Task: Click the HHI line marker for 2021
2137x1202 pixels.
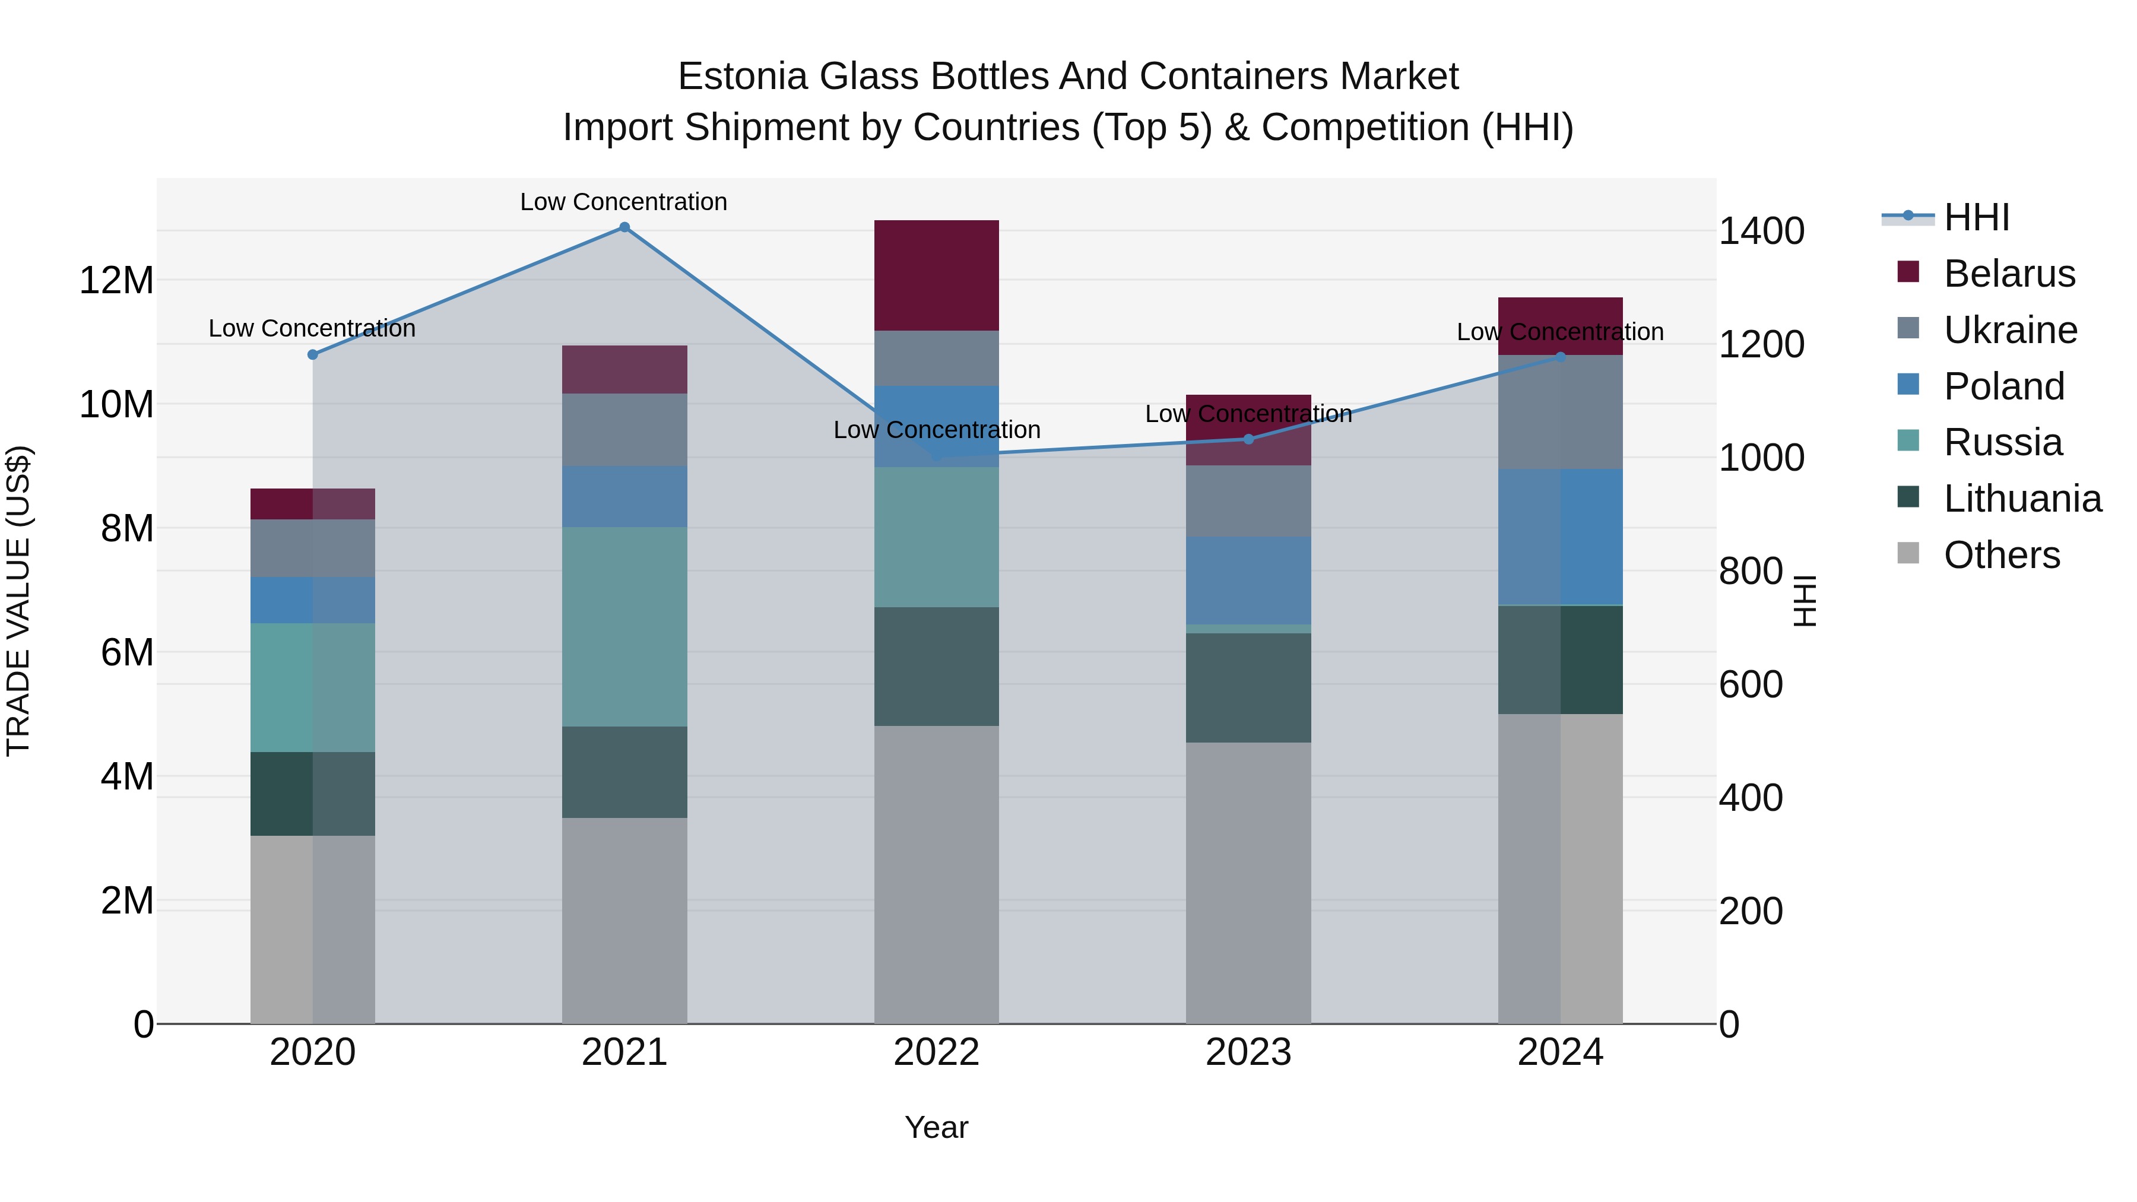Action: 624,227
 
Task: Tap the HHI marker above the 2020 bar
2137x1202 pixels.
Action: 313,354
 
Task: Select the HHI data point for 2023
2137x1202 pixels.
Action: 1248,439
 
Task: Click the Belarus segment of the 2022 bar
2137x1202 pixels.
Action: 937,275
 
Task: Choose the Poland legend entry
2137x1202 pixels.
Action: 2003,386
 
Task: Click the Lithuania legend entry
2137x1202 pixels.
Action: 2022,499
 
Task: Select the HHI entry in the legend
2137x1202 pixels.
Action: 1976,217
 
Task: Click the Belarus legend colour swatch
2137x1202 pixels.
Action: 1908,272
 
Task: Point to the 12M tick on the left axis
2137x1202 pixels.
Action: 116,280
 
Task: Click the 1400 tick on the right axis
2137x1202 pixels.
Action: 1761,231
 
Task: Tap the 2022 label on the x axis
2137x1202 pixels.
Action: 937,1052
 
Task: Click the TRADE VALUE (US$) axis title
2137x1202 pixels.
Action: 18,601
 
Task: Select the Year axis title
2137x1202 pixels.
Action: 937,1127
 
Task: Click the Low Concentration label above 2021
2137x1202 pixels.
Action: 624,202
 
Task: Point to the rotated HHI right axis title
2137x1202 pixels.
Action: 1805,601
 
